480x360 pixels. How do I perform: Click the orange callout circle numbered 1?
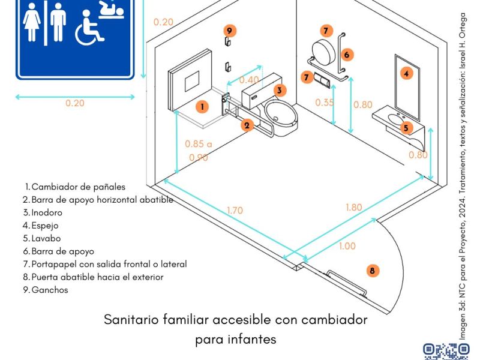(203, 107)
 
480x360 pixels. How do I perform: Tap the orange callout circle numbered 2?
(247, 125)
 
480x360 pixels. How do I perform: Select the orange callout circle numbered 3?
(280, 91)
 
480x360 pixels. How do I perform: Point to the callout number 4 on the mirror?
(407, 74)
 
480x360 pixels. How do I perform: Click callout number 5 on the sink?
(406, 127)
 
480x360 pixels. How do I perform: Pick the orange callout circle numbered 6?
(346, 55)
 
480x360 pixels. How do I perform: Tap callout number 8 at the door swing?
(373, 271)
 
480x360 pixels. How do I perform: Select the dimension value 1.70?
(235, 211)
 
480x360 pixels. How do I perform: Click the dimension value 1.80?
(354, 208)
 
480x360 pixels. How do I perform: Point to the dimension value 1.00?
(347, 246)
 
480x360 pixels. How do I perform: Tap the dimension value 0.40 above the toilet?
(249, 80)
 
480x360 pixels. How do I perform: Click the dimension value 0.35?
(324, 103)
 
